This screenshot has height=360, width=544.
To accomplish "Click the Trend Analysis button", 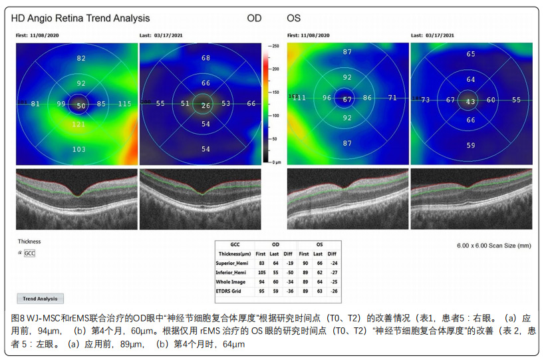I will click(x=40, y=299).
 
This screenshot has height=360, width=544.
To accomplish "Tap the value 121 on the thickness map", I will click(x=78, y=125).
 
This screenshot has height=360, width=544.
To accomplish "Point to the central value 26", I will click(x=205, y=105).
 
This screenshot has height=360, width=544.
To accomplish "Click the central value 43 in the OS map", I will click(x=471, y=101).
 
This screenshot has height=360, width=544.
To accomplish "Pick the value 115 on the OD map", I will click(x=124, y=104).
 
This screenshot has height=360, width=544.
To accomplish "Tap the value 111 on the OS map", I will click(x=299, y=98).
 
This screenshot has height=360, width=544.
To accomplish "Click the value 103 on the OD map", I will click(x=78, y=150).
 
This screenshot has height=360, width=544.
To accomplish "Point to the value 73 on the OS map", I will click(x=425, y=100).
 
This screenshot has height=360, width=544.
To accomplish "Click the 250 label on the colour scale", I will click(x=275, y=45).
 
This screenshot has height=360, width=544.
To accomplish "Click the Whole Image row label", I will click(x=229, y=281).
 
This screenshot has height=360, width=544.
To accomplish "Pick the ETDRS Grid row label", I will click(x=227, y=291).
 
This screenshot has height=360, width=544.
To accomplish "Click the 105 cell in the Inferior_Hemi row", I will click(x=261, y=271).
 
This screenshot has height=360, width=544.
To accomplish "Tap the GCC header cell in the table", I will click(x=234, y=244).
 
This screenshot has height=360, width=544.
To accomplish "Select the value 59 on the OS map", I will click(x=471, y=145).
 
